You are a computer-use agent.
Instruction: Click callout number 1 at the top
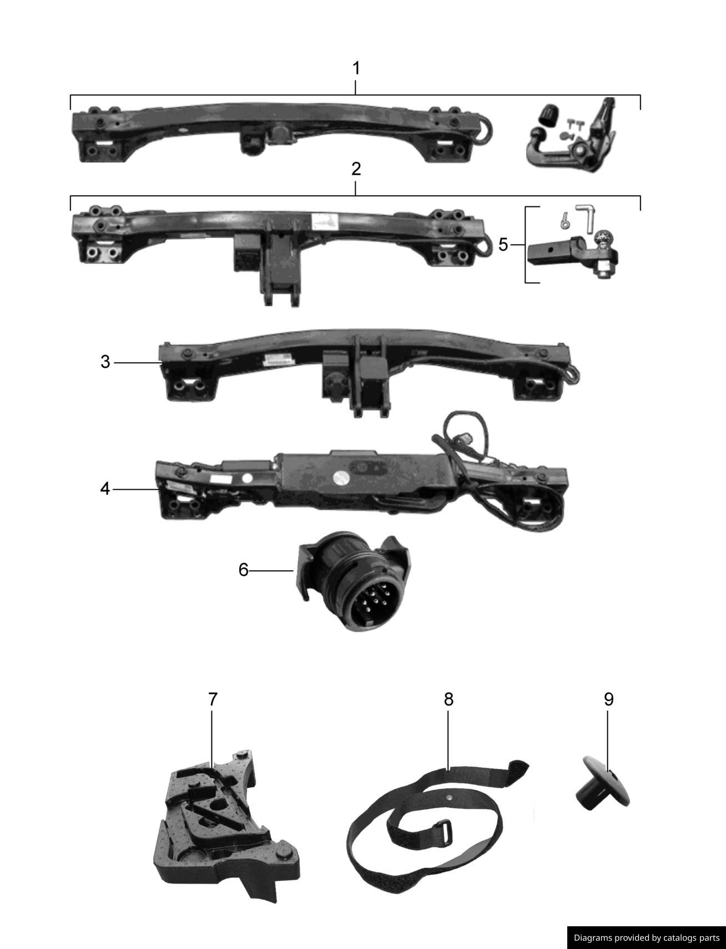click(x=356, y=69)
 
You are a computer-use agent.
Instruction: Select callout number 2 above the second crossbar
click(x=356, y=169)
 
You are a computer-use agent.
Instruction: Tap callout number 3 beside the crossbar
click(x=105, y=363)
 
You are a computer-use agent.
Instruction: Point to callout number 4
click(x=105, y=489)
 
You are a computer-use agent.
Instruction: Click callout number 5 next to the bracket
click(x=503, y=245)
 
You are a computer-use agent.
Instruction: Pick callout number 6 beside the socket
click(x=243, y=570)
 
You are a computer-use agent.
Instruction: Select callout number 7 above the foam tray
click(x=213, y=699)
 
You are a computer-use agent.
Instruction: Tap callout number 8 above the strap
click(x=448, y=699)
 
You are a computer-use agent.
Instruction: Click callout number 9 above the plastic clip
click(x=608, y=699)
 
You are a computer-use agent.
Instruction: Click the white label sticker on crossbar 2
click(x=325, y=221)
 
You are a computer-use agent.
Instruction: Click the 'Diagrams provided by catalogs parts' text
click(x=646, y=938)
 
